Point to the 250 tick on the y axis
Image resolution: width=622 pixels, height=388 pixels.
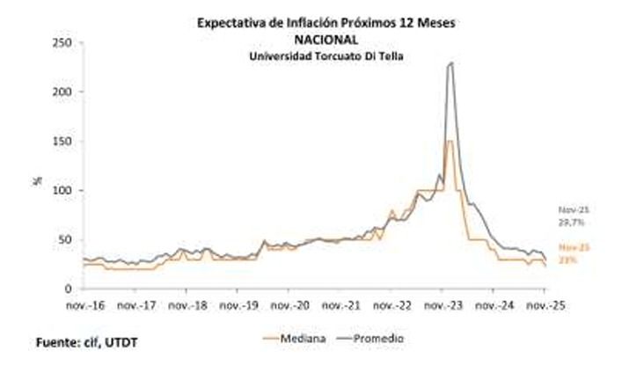coord(62,43)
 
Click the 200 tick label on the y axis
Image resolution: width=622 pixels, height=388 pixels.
coord(62,92)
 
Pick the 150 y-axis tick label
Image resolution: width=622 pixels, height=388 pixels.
coord(62,142)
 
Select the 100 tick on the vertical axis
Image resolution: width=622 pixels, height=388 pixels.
coord(62,191)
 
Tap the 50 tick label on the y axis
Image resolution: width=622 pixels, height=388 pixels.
coord(64,239)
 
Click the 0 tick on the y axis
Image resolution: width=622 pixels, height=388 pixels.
coord(68,289)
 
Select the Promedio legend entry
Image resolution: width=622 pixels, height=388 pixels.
coord(363,337)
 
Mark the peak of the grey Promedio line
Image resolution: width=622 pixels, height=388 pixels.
coord(451,62)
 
